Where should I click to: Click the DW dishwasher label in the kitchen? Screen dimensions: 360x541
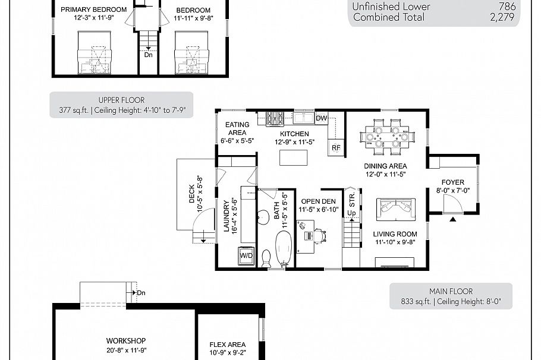tap(321, 118)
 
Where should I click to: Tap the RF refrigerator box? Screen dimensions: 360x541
tap(336, 147)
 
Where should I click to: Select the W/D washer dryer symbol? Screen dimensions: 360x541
tap(246, 255)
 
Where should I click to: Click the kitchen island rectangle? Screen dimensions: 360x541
tap(294, 157)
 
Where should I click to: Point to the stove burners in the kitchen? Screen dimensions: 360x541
tap(275, 118)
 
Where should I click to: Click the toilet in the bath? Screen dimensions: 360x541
tap(266, 258)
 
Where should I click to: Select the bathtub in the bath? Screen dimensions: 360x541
tap(284, 248)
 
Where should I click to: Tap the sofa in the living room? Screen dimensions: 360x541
tap(396, 209)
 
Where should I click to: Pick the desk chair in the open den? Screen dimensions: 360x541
tap(320, 236)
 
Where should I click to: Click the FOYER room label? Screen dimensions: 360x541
tap(452, 182)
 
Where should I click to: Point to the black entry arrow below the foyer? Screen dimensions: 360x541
tap(452, 220)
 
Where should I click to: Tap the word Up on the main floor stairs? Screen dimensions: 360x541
tap(351, 213)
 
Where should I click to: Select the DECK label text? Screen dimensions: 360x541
tap(192, 193)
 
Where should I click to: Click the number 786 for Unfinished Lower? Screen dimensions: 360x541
tap(507, 7)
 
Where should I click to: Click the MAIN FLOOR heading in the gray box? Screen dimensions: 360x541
tap(451, 291)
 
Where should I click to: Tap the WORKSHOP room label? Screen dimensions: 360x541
tap(126, 340)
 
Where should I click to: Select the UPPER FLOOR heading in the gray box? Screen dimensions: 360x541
tap(121, 100)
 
